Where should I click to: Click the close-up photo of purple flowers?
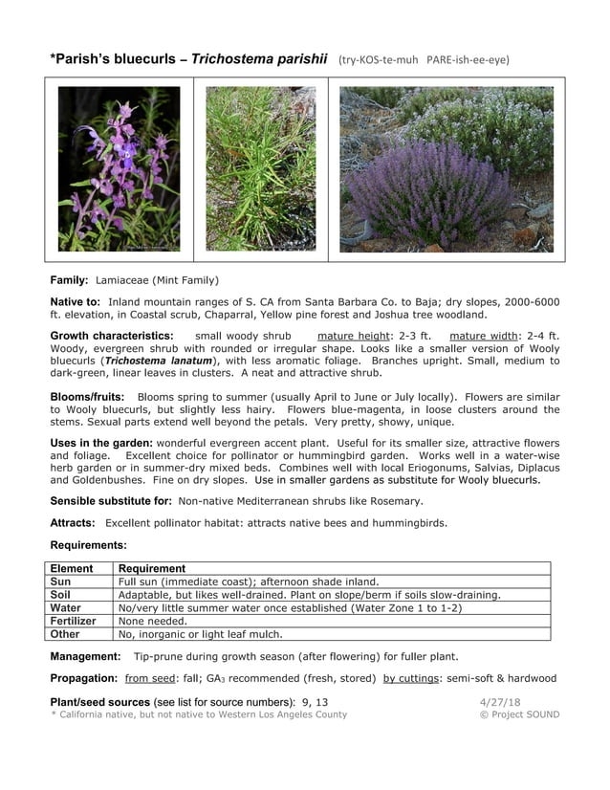120,169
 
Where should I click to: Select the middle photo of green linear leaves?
261,169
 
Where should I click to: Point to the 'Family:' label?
70,280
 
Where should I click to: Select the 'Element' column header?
73,568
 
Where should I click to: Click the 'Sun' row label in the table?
60,581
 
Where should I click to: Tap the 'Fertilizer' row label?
74,621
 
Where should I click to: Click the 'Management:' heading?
85,656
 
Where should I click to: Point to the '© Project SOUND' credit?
520,714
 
